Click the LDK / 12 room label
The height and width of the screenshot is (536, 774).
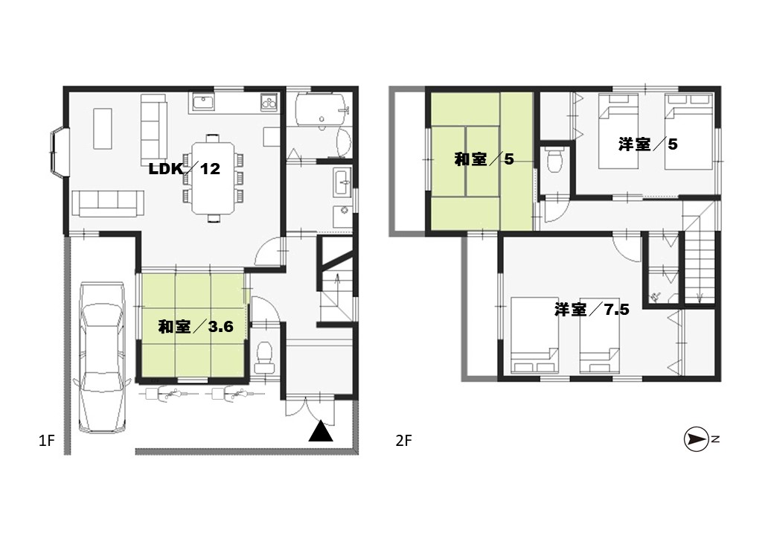pyautogui.click(x=184, y=169)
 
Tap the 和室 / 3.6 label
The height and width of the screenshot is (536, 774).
pyautogui.click(x=196, y=326)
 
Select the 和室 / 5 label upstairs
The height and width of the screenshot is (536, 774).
pyautogui.click(x=484, y=159)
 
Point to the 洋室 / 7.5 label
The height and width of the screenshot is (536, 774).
pyautogui.click(x=592, y=310)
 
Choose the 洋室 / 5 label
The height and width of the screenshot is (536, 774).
pyautogui.click(x=647, y=144)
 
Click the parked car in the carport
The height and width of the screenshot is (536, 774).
pyautogui.click(x=102, y=358)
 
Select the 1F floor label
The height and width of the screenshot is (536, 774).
pyautogui.click(x=46, y=440)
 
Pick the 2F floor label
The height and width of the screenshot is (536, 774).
pyautogui.click(x=403, y=440)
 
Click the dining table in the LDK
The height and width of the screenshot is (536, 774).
pyautogui.click(x=214, y=178)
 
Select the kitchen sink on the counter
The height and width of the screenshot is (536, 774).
pyautogui.click(x=203, y=103)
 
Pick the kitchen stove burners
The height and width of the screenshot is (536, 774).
pyautogui.click(x=269, y=102)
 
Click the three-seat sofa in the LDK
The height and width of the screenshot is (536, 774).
pyautogui.click(x=109, y=204)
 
